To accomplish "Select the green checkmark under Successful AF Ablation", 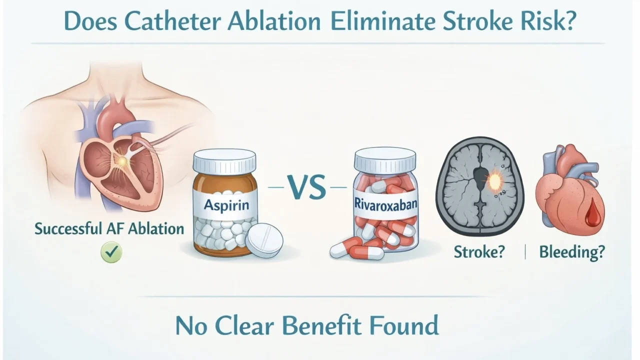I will click(111, 252).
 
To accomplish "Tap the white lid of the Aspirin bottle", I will click(224, 160).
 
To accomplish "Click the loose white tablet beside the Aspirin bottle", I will click(264, 240).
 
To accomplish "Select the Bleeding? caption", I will click(571, 252).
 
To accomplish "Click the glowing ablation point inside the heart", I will click(121, 161).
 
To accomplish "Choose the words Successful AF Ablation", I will click(109, 229).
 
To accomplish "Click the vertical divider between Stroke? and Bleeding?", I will click(524, 252).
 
